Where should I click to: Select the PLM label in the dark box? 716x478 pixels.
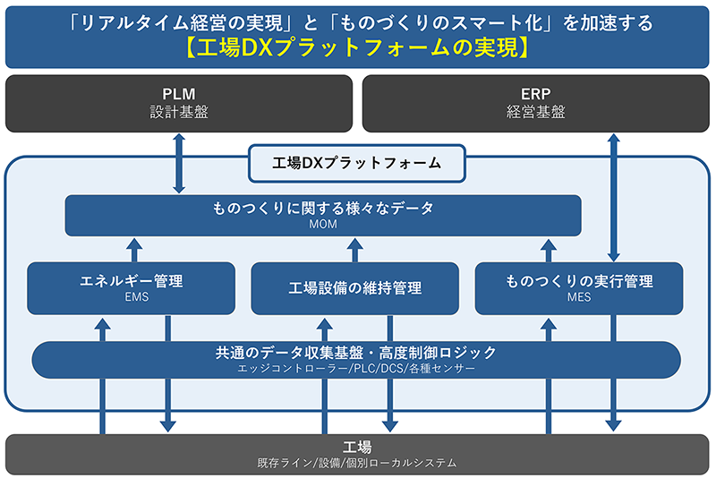coord(179,94)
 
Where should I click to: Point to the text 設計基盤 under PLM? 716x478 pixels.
coord(179,113)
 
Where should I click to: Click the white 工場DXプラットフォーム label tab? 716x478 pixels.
coord(357,163)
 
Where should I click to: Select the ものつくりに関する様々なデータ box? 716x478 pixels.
coord(323,215)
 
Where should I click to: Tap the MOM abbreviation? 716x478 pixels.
coord(323,225)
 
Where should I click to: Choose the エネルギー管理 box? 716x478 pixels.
coord(132,287)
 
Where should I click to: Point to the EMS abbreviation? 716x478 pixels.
coord(132,298)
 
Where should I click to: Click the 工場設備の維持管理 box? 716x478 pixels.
coord(355,288)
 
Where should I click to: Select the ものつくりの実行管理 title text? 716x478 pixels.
coord(579,281)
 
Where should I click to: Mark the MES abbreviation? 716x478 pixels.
coord(579,298)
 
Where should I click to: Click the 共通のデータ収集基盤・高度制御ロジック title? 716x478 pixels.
coord(356,353)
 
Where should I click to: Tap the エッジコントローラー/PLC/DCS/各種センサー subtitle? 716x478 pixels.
coord(356,368)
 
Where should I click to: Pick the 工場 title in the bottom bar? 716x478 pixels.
coord(357,447)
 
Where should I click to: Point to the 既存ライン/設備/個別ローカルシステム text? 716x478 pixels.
coord(357,463)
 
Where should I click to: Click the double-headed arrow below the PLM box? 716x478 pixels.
coord(179,162)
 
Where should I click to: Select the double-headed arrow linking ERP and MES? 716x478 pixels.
coord(613,197)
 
